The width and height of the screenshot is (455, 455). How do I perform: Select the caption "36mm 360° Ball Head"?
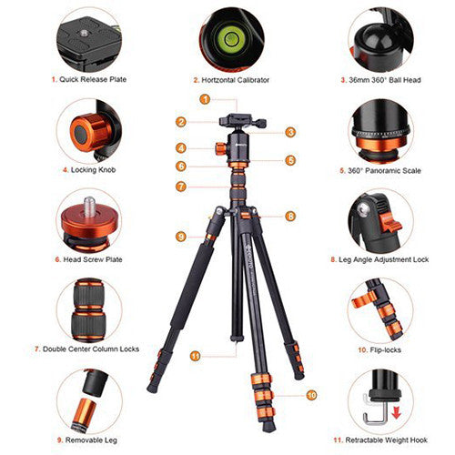[376, 80]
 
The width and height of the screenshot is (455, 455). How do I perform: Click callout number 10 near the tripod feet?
[311, 394]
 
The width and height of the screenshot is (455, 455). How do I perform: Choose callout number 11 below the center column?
[195, 355]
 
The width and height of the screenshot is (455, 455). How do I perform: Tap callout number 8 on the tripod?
[290, 216]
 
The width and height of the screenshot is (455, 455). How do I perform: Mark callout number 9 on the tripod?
[182, 237]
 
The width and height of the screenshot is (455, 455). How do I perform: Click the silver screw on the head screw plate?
[90, 201]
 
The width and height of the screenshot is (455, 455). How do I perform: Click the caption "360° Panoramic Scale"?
[376, 169]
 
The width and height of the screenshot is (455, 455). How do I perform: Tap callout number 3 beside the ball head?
[290, 132]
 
